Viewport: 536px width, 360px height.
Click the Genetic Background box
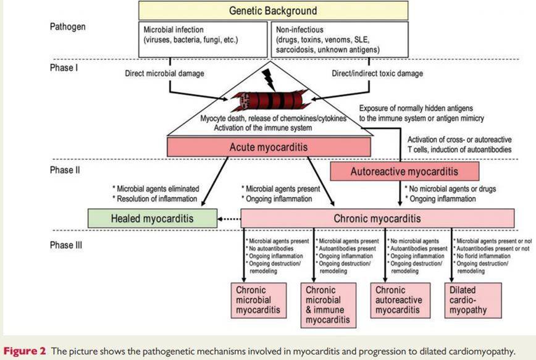pos(272,10)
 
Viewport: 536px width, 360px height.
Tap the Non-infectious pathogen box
pos(339,38)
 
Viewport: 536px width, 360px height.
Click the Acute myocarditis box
pos(269,147)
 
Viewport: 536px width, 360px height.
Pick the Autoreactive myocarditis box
pos(404,171)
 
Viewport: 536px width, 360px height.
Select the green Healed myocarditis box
pos(152,218)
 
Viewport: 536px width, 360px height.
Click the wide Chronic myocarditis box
pos(377,218)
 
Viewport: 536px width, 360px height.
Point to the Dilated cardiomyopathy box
pos(469,299)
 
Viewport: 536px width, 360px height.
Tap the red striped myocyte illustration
pos(268,101)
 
